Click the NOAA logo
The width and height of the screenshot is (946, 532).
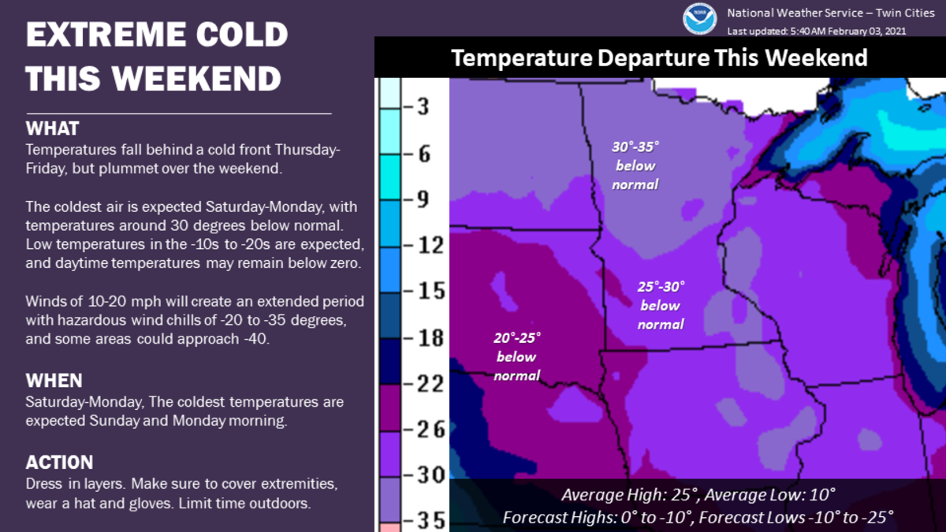click(x=700, y=19)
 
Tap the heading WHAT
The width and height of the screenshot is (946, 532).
click(x=53, y=128)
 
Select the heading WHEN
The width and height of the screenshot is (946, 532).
click(x=54, y=381)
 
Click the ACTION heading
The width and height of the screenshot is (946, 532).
click(x=60, y=462)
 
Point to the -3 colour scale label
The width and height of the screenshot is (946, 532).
click(x=420, y=106)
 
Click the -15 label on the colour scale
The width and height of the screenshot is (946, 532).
click(x=420, y=291)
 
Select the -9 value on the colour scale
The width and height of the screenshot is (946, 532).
click(x=420, y=199)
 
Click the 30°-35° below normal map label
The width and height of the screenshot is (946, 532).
click(x=635, y=166)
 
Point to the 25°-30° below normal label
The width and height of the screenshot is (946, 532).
click(x=661, y=305)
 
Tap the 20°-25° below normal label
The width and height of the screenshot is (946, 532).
click(x=516, y=356)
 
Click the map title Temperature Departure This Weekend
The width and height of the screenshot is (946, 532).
click(x=659, y=58)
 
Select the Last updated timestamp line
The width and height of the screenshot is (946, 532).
click(x=817, y=31)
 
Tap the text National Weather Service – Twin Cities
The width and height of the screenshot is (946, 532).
click(x=830, y=13)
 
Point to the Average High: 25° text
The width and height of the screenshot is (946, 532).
click(x=628, y=496)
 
